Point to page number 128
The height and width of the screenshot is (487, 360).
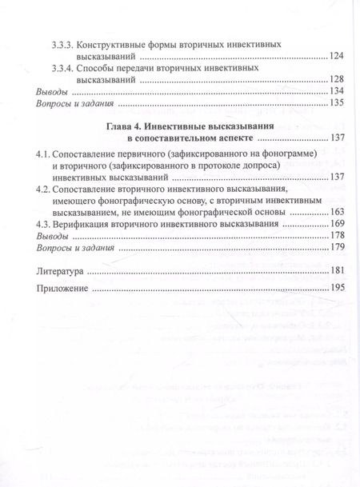point(337,82)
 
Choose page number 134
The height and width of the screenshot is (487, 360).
point(337,93)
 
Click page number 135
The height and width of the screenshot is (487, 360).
point(337,104)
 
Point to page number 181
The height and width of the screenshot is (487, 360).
point(337,273)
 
